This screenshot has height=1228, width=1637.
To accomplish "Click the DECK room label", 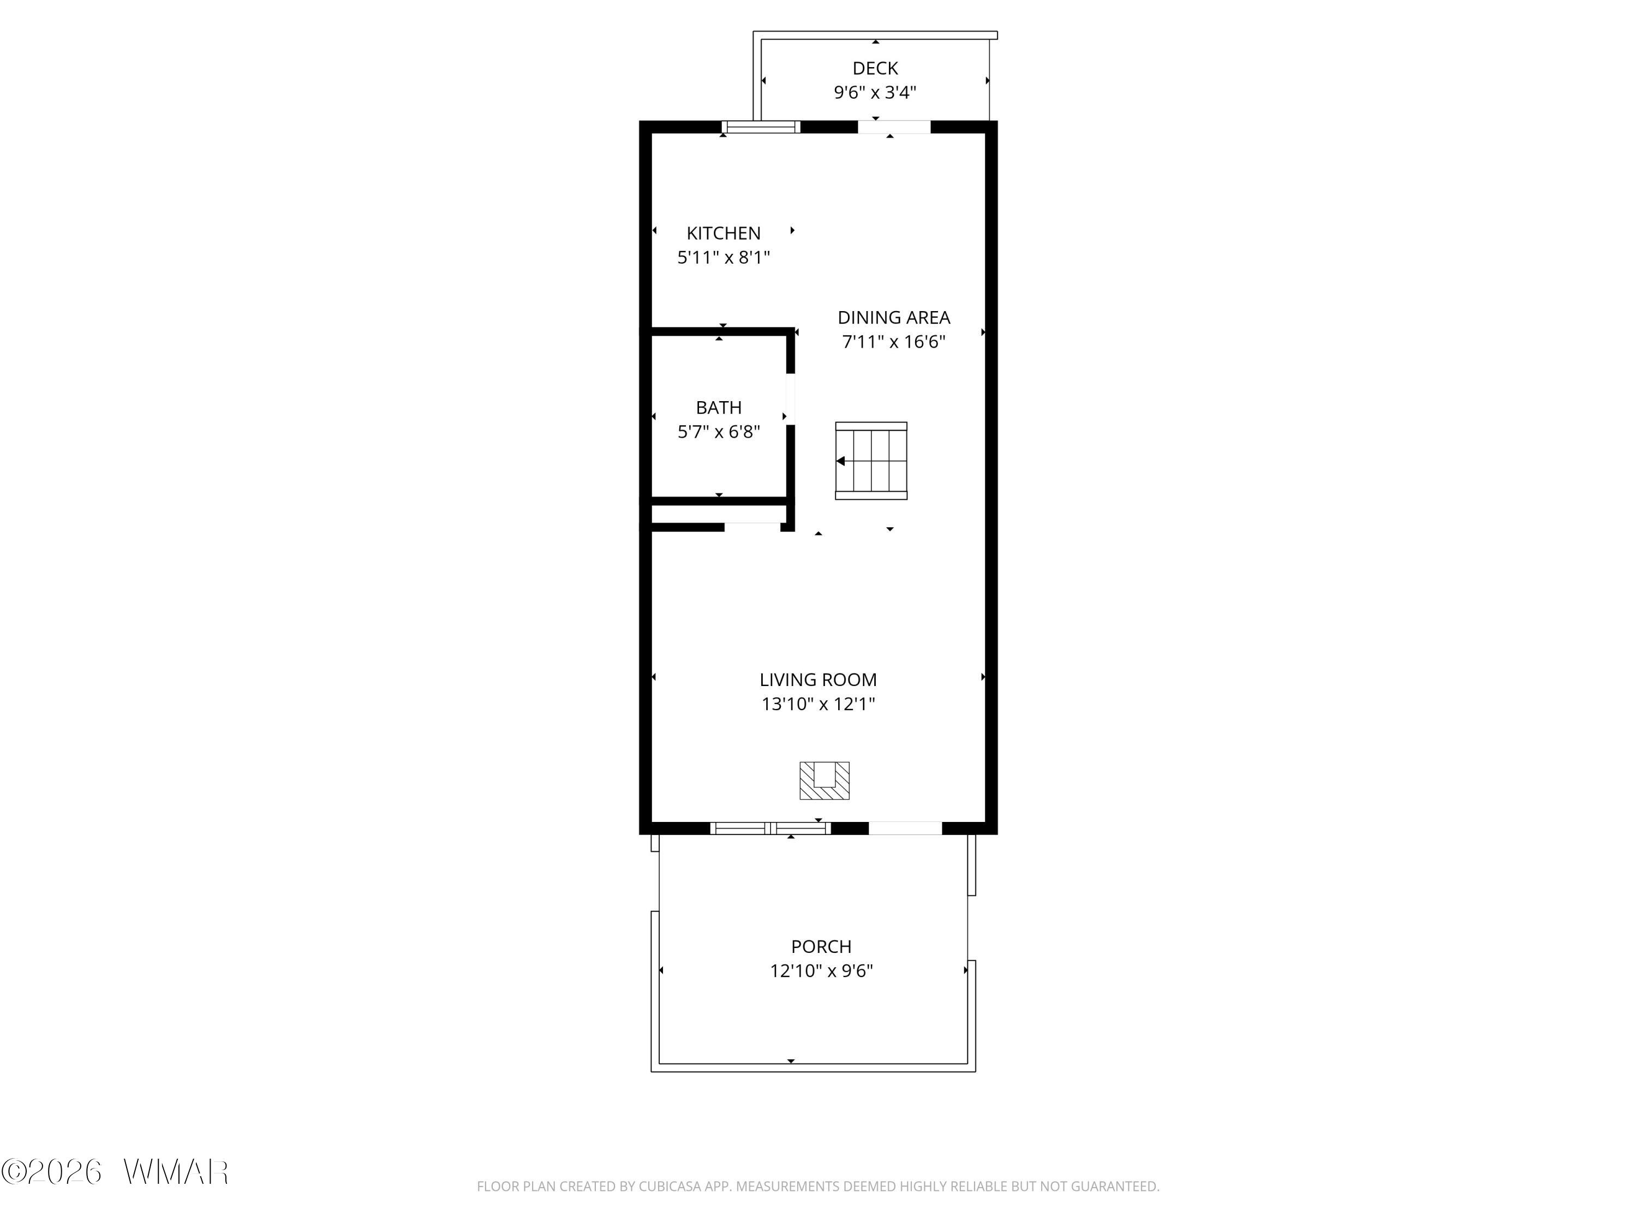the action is (875, 68).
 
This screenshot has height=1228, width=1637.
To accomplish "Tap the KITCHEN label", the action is (723, 233).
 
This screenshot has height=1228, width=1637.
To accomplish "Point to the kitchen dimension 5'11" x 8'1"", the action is (723, 258).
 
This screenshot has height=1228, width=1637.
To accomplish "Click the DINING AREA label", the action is (893, 318).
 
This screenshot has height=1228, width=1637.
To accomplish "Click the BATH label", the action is (719, 408).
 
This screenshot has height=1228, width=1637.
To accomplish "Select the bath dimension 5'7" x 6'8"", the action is (719, 432).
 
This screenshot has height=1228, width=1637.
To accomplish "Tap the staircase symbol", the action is (871, 461).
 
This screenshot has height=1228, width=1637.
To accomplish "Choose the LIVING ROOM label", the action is (818, 679).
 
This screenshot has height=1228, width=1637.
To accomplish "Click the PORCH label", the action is (821, 947).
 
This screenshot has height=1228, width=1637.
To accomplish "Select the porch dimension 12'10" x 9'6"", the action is (821, 971).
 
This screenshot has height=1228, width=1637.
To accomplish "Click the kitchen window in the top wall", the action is (762, 127).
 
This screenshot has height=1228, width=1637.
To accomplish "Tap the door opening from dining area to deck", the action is (893, 127).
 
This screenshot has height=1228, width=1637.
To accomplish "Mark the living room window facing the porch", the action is (770, 828).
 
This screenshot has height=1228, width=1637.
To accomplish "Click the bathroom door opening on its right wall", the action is (790, 399).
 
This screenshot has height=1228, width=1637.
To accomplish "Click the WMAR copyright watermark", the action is (115, 1172).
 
